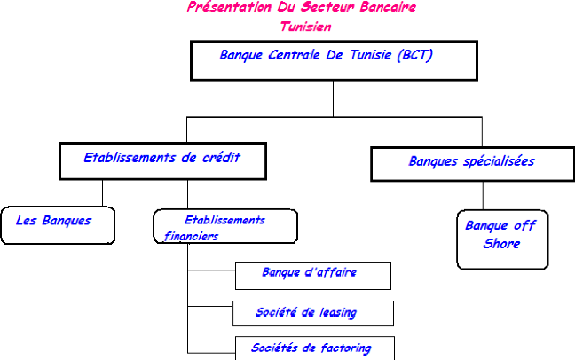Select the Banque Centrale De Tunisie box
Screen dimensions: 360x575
click(333, 60)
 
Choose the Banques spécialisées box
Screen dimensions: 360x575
click(471, 164)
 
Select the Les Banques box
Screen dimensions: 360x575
click(59, 225)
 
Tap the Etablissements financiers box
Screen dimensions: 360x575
click(224, 226)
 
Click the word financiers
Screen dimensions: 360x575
click(191, 237)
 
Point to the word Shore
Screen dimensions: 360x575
click(501, 243)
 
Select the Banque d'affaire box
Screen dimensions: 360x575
click(312, 276)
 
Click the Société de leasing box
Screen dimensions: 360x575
click(312, 313)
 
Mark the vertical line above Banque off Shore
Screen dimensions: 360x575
click(483, 195)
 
